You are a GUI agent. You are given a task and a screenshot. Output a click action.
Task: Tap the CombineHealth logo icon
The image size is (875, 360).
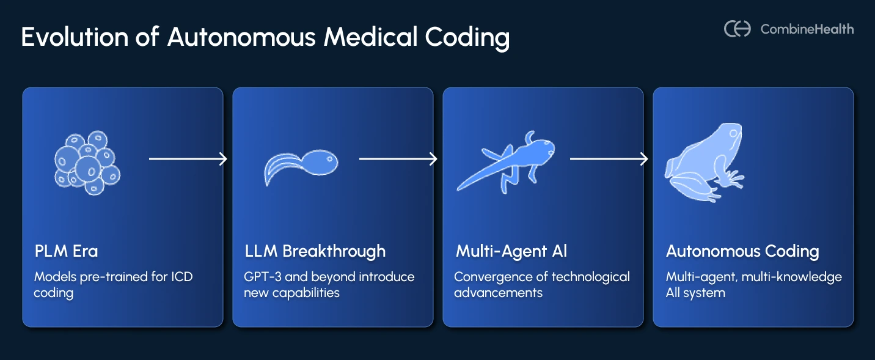pyautogui.click(x=737, y=29)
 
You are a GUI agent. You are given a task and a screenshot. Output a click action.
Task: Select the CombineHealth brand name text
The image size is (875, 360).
pyautogui.click(x=807, y=29)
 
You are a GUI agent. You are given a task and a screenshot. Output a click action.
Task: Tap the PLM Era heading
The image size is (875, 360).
pyautogui.click(x=66, y=251)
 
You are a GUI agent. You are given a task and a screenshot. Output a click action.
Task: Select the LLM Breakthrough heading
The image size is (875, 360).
pyautogui.click(x=315, y=251)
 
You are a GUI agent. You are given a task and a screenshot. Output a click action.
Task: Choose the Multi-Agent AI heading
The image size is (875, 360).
pyautogui.click(x=511, y=251)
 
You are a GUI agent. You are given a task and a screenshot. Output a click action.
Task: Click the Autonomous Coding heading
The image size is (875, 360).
pyautogui.click(x=742, y=251)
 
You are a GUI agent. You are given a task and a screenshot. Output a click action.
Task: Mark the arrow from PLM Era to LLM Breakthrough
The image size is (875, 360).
pyautogui.click(x=188, y=159)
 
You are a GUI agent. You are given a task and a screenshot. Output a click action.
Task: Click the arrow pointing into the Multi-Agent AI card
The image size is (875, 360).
pyautogui.click(x=398, y=159)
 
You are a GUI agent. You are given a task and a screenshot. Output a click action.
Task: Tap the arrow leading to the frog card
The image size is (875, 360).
pyautogui.click(x=609, y=159)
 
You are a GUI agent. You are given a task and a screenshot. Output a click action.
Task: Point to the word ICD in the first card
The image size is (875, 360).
pyautogui.click(x=181, y=277)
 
